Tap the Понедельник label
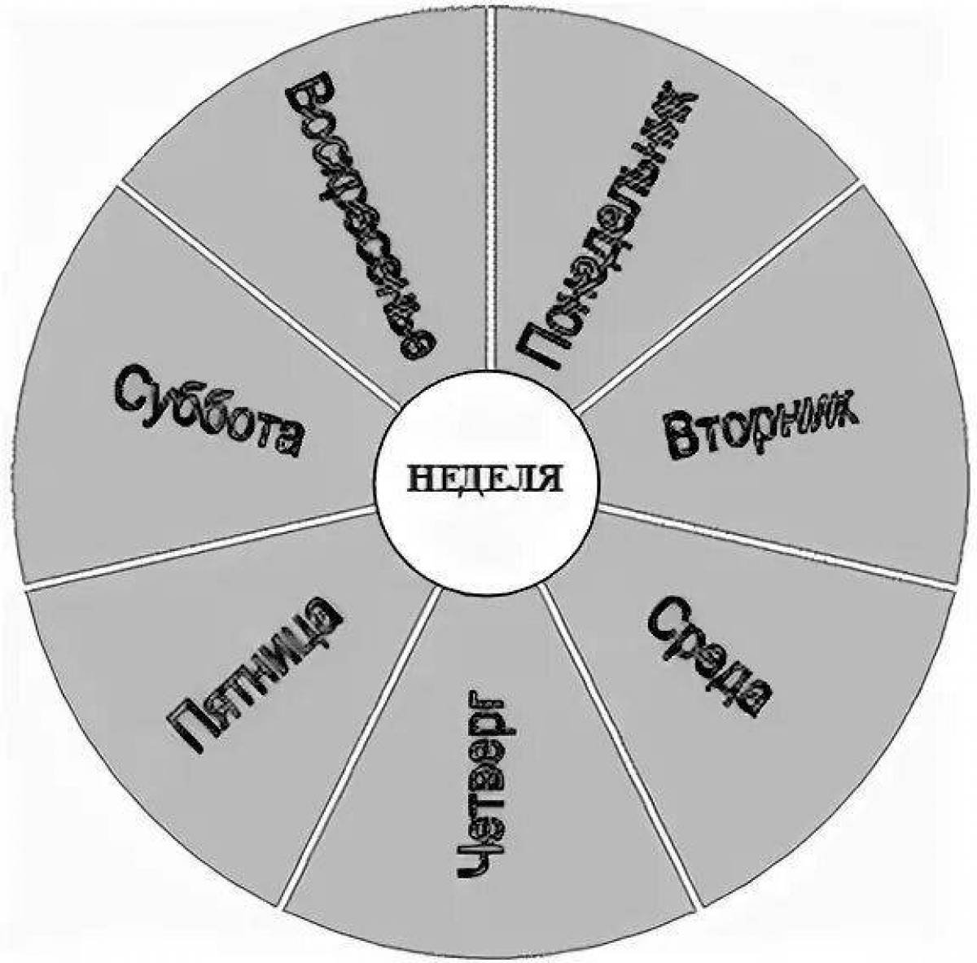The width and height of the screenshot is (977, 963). (x=606, y=228)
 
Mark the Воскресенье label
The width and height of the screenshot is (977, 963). (x=360, y=216)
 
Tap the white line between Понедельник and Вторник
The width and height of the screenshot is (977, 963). (x=717, y=296)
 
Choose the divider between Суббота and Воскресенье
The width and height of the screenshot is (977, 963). (x=259, y=295)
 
